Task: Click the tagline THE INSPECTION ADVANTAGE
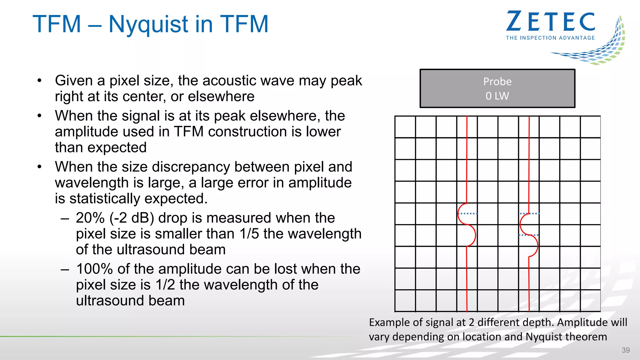(550, 38)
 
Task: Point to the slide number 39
(626, 350)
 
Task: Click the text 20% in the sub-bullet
(90, 218)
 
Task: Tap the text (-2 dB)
(132, 218)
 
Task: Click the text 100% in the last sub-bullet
(94, 269)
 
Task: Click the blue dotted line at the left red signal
(469, 213)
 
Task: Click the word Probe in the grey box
(497, 82)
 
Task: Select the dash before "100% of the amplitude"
(65, 269)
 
